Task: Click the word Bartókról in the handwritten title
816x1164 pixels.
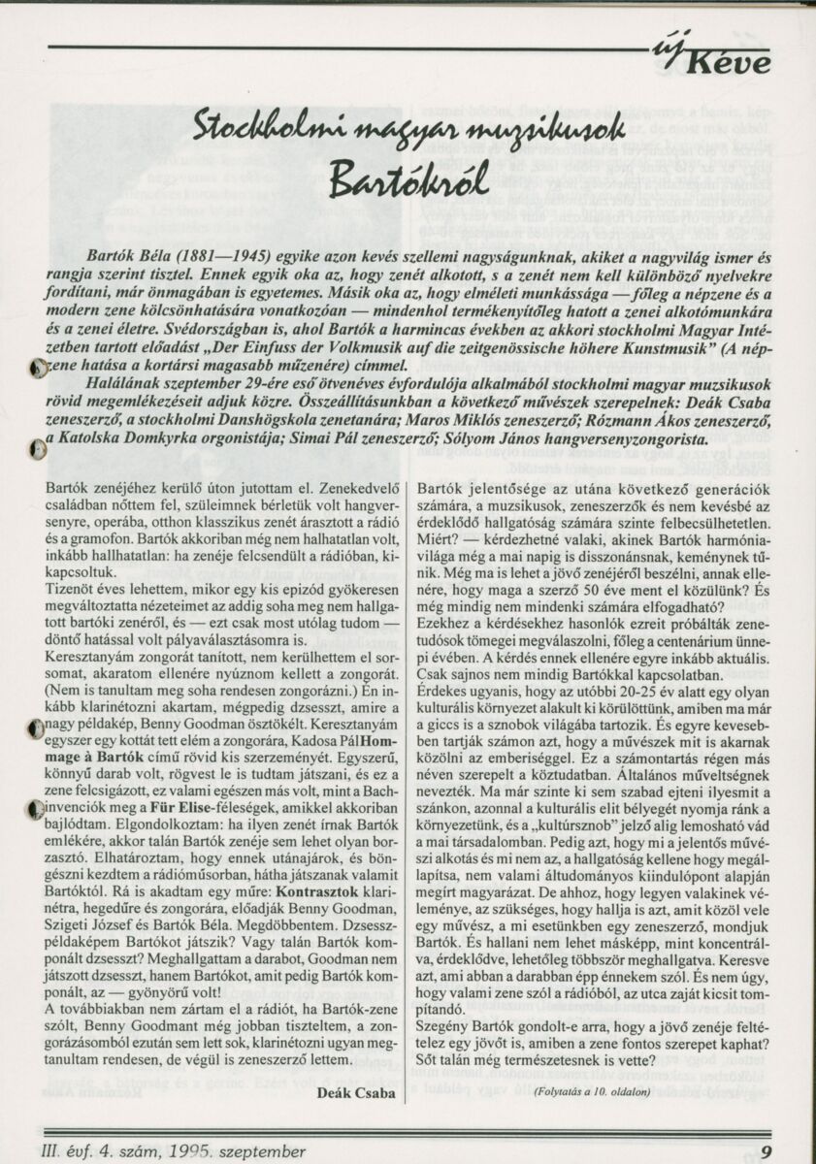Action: pyautogui.click(x=406, y=177)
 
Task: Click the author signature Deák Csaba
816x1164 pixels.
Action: pyautogui.click(x=356, y=1093)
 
